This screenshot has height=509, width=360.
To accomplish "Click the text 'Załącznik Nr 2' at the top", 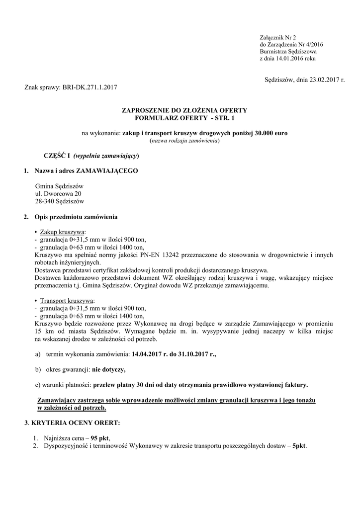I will point(277,38).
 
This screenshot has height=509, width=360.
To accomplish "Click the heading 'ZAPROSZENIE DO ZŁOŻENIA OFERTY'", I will point(184,110).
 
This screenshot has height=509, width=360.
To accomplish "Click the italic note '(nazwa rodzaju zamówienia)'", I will point(184,141).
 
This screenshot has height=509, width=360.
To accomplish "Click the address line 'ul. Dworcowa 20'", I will point(58,193).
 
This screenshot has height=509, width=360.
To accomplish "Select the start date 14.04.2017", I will point(149,354).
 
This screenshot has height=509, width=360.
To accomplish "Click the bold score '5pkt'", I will point(299,446).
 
